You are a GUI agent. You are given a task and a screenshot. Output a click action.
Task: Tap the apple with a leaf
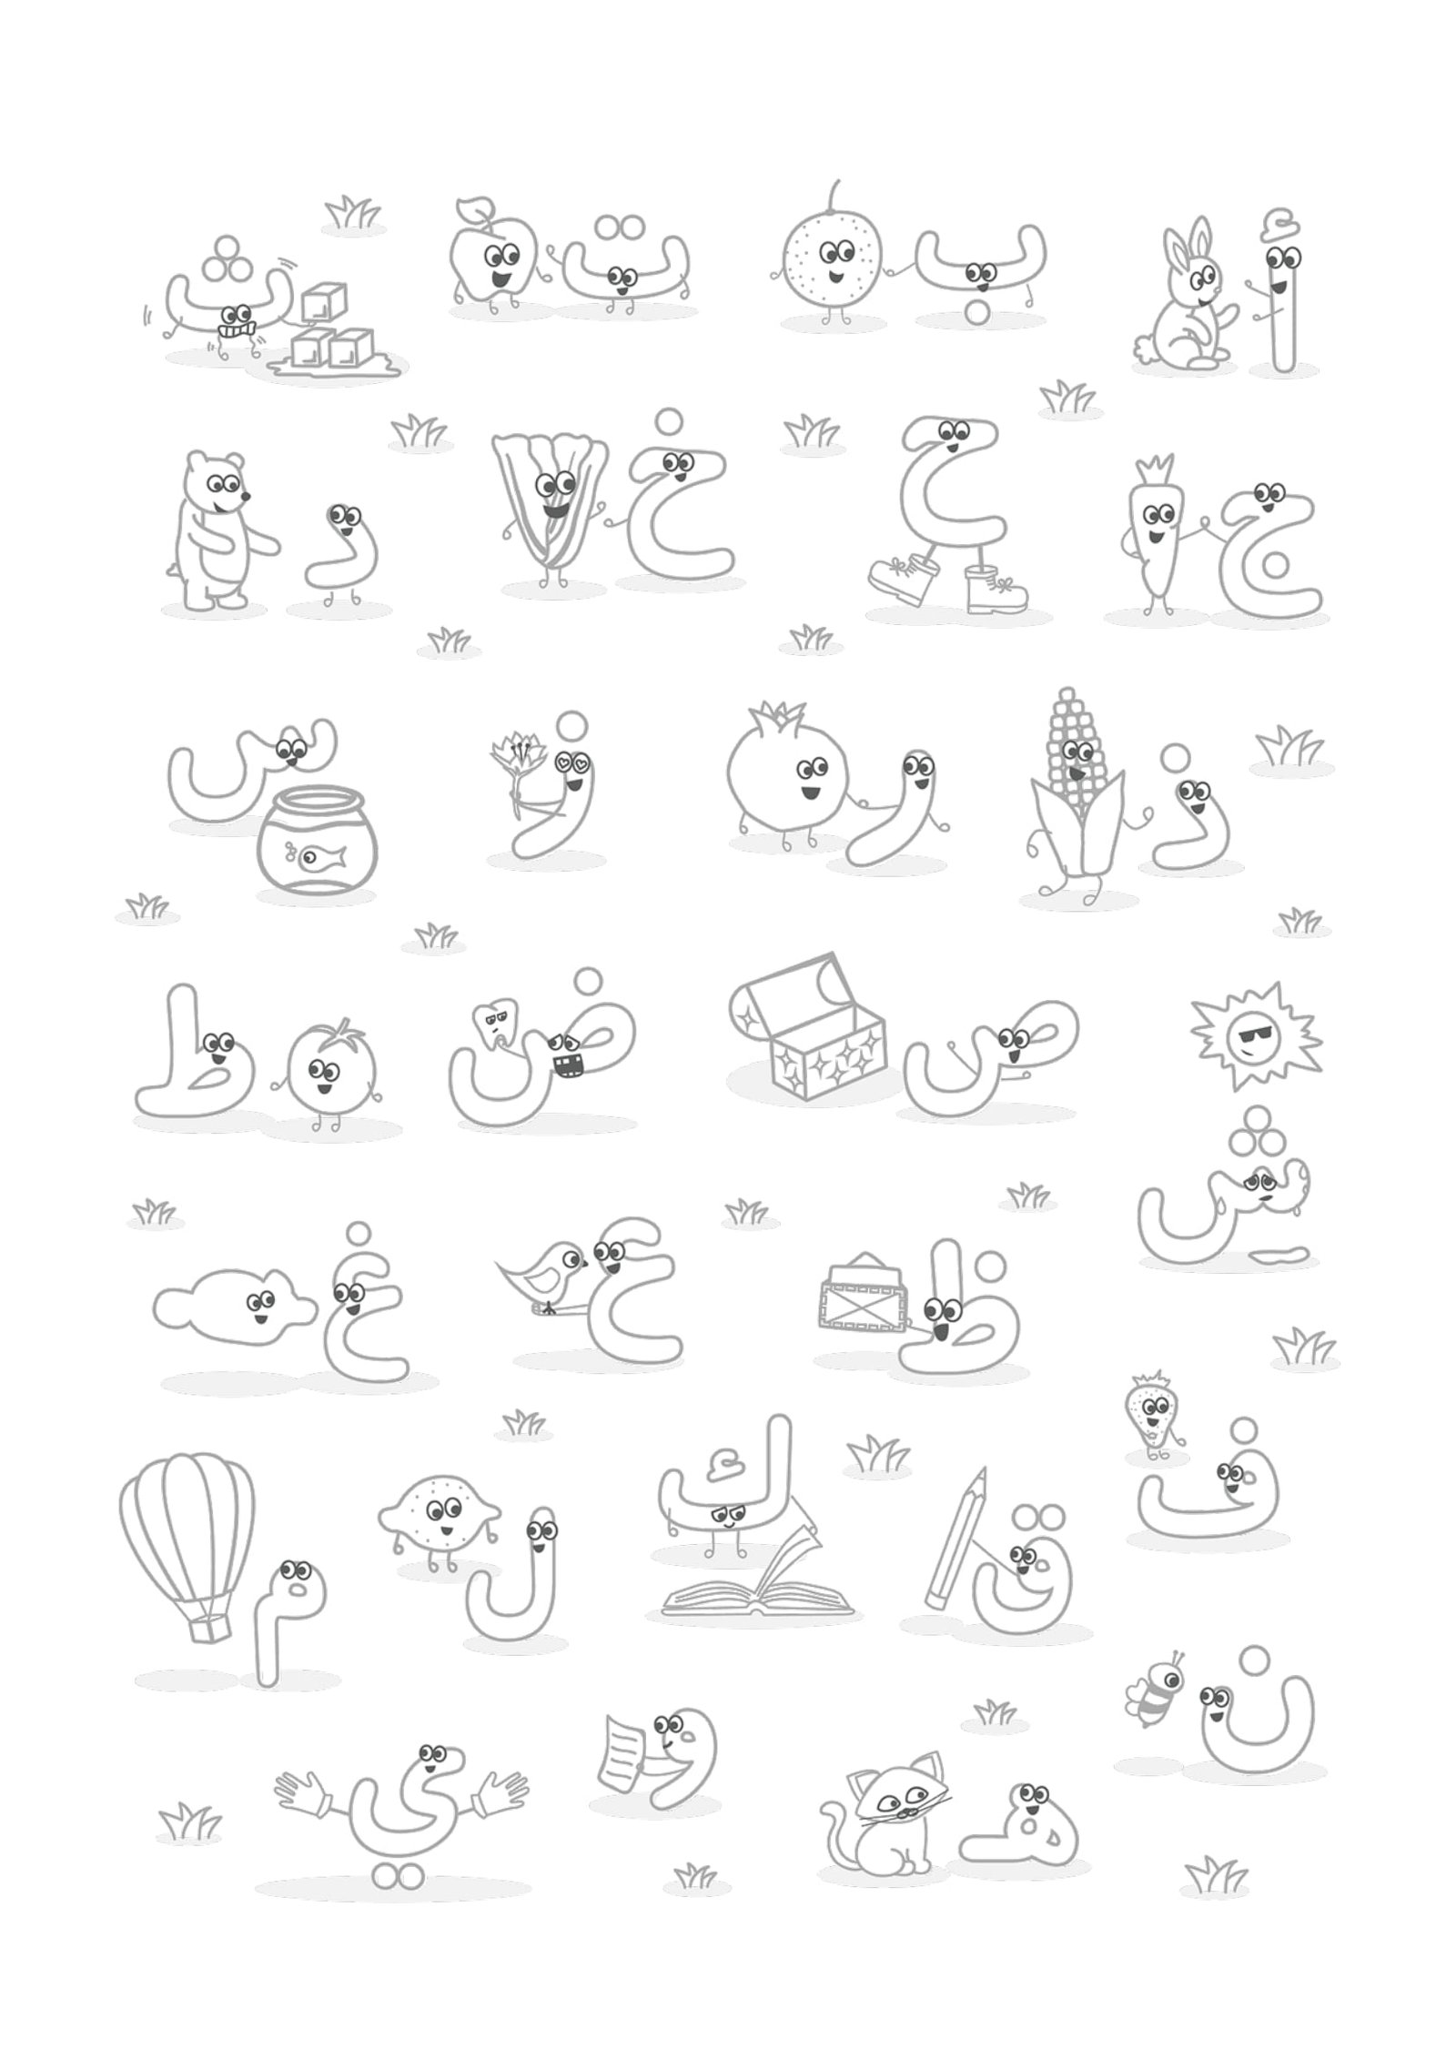pyautogui.click(x=491, y=259)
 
